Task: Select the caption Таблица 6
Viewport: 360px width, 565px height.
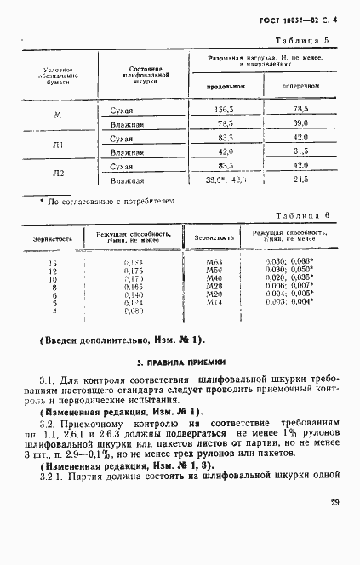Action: (304, 217)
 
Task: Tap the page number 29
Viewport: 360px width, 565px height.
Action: (334, 527)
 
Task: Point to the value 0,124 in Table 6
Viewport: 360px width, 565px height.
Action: (135, 302)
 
